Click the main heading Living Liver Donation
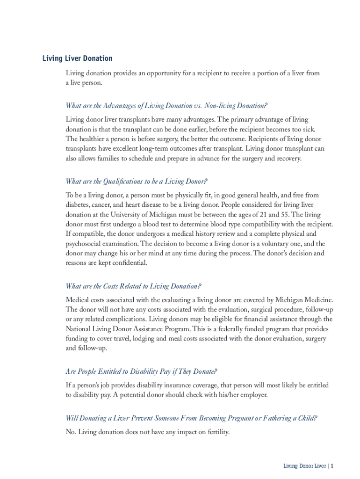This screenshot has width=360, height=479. (77, 58)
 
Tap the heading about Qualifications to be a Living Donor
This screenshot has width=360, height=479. (137, 181)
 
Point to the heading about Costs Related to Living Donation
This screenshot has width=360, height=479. (133, 286)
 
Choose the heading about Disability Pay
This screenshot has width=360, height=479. (141, 371)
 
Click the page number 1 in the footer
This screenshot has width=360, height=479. (331, 466)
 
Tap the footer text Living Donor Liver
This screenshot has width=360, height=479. (304, 466)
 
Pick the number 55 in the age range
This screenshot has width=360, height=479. (285, 215)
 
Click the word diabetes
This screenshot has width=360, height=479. (77, 205)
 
